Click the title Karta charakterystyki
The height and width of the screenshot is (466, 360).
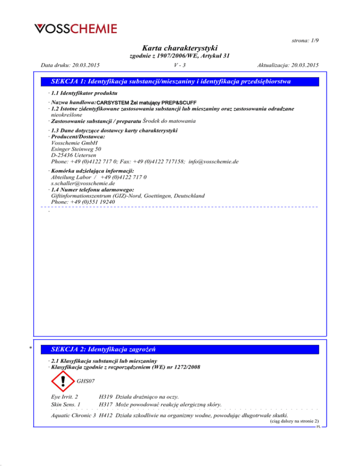pos(180,48)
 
